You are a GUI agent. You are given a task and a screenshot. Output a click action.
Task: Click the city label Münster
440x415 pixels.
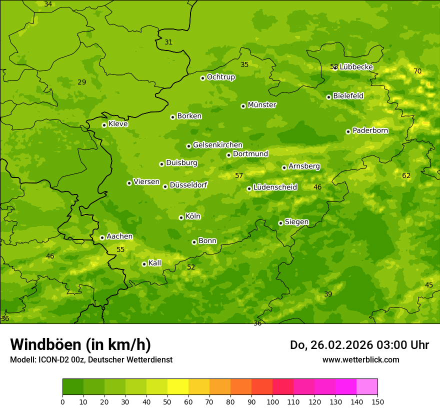[262, 105]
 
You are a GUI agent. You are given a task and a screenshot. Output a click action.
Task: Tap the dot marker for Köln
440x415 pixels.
[181, 217]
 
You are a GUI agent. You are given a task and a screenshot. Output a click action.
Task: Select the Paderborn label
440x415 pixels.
[370, 130]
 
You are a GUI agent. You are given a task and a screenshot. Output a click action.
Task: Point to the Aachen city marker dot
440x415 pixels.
[102, 237]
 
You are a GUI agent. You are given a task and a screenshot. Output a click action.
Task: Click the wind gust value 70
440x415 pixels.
[417, 71]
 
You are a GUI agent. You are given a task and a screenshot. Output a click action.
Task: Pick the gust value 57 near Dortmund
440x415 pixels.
[239, 175]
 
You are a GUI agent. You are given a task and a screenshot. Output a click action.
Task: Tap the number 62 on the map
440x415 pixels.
[406, 175]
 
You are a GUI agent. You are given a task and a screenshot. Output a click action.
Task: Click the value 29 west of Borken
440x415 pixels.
[82, 82]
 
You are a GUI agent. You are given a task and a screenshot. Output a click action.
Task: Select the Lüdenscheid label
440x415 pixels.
[275, 187]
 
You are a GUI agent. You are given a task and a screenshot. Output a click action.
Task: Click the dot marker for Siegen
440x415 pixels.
[280, 223]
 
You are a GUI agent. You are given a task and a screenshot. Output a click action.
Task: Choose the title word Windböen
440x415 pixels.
[45, 344]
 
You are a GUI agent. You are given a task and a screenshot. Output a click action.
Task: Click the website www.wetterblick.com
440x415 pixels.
[360, 359]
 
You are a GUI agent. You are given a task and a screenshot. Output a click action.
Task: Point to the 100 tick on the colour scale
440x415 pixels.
[272, 401]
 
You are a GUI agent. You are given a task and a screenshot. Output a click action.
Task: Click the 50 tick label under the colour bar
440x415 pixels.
[167, 401]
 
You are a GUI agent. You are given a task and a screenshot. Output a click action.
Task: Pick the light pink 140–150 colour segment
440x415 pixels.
[367, 387]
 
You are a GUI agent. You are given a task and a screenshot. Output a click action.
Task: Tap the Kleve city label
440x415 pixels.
[118, 124]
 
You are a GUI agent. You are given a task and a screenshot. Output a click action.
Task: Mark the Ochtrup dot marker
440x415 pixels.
[202, 78]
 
